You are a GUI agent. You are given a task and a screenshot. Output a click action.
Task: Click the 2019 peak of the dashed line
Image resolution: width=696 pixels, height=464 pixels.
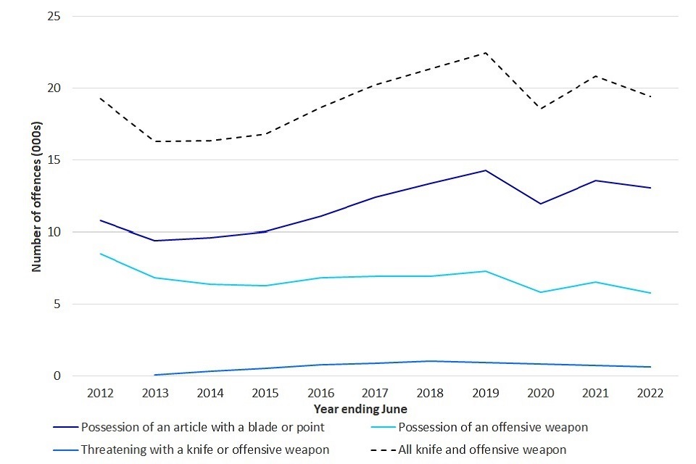point(485,53)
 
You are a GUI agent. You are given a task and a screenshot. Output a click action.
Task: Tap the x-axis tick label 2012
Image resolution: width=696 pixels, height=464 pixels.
point(100,392)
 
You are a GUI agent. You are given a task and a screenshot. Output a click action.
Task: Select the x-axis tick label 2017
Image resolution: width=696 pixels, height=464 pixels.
point(375,392)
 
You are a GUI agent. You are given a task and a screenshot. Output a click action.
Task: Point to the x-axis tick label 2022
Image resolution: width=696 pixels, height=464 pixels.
point(650,392)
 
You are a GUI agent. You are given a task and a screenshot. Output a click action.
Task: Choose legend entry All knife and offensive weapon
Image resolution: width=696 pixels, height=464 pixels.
point(482,449)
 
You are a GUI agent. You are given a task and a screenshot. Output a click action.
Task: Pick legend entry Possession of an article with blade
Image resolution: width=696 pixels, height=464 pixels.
point(203,427)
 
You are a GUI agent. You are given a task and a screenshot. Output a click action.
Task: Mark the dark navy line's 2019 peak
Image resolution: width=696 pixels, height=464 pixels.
point(485,170)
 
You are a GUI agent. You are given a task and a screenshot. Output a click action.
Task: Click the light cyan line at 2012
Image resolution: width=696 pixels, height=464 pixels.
point(100,254)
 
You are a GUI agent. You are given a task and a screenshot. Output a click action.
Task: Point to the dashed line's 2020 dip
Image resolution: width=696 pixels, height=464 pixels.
point(540,109)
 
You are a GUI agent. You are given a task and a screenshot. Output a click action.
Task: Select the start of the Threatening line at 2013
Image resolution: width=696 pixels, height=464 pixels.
point(155,375)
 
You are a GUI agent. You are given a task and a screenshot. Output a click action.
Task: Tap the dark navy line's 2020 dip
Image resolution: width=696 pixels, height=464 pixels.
point(540,204)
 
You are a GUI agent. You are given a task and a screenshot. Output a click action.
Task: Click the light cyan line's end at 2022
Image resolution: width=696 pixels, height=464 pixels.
point(650,293)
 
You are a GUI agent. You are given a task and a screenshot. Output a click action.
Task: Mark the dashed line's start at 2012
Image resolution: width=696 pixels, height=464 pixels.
point(100,98)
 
